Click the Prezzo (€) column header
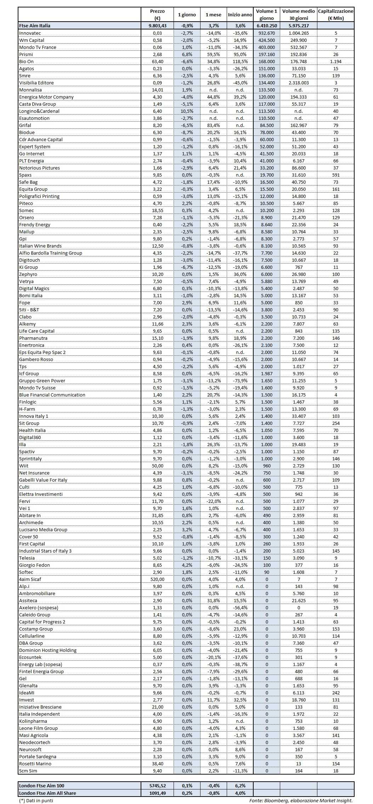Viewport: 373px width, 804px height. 157,15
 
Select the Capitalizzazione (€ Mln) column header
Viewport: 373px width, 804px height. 335,15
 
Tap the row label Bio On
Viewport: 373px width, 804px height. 27,61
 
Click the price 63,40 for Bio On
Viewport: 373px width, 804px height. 157,61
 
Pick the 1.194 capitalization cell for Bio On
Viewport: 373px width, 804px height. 335,61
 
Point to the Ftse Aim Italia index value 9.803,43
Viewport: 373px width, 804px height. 157,26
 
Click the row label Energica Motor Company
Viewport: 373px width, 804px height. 46,97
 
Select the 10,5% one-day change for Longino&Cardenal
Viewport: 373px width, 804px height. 187,111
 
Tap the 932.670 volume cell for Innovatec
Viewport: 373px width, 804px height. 266,33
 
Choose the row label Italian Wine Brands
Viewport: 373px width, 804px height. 40,246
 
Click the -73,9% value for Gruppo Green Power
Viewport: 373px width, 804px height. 240,381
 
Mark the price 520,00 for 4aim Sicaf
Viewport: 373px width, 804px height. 157,579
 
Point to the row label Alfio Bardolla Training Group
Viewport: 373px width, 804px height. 51,253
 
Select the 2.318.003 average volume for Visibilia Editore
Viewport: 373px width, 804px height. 298,83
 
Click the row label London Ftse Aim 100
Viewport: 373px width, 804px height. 42,786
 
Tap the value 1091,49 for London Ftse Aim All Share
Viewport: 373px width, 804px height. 157,793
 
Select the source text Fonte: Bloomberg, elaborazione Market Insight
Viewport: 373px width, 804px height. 301,800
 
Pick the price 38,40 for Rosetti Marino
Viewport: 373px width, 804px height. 157,764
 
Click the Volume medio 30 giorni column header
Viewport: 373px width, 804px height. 298,15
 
